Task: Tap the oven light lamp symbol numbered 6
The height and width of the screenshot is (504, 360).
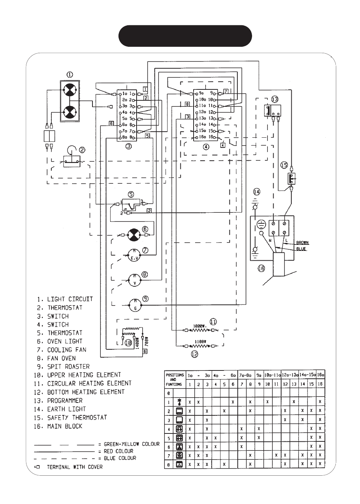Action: (133, 234)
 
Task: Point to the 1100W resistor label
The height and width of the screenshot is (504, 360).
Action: (200, 341)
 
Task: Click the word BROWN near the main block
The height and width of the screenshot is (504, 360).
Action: (302, 243)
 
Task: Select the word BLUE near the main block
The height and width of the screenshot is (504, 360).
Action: (301, 249)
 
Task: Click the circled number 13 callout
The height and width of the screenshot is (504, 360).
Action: (274, 99)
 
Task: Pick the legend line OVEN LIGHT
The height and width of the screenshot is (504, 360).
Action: (65, 341)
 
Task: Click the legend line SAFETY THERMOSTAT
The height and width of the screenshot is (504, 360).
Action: (77, 418)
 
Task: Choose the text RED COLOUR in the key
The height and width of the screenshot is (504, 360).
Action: (118, 451)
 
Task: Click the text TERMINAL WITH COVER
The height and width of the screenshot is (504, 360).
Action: (75, 467)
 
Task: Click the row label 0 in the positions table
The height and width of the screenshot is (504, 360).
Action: (169, 393)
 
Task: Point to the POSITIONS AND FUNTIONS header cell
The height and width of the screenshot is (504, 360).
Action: (174, 380)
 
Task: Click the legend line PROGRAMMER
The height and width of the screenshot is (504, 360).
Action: (65, 401)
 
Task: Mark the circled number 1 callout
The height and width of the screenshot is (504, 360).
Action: (70, 75)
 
